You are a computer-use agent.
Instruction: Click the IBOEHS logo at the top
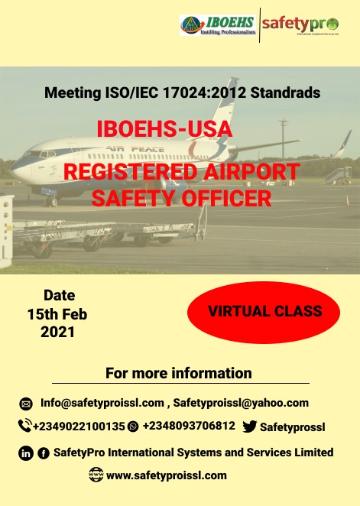coord(218,25)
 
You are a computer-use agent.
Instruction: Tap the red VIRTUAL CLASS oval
coord(264,311)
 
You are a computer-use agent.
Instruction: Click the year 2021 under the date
coord(58,332)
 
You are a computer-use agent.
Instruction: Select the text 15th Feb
coord(57,313)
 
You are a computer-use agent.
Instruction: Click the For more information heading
coord(179,373)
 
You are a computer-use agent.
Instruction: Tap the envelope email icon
coord(26,404)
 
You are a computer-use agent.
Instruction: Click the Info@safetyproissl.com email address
coord(102,403)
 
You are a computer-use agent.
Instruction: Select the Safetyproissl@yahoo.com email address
coord(241,403)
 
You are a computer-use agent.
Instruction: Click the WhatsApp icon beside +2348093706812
coord(134,427)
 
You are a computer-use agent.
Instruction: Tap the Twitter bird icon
coord(249,427)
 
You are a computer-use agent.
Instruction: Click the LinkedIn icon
coord(26,453)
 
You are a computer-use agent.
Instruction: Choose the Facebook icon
coord(43,453)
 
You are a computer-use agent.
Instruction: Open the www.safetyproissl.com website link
coord(167,475)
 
